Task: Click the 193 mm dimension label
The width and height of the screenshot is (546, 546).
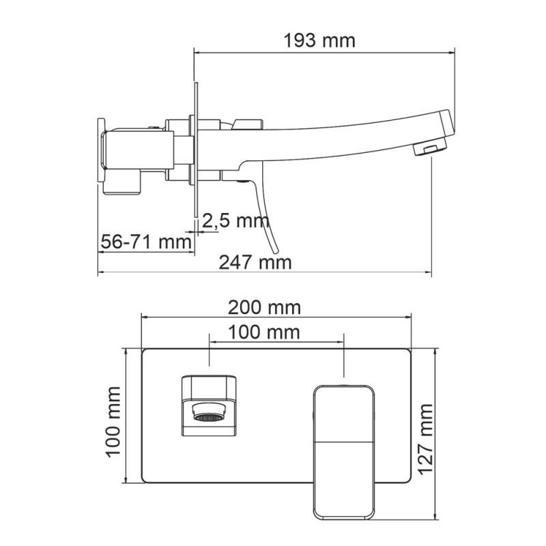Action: (x=319, y=41)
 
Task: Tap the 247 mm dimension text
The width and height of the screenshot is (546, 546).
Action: (x=255, y=262)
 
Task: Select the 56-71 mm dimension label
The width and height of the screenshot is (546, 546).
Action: (x=146, y=242)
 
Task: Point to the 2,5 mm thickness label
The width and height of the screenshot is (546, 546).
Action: (x=235, y=220)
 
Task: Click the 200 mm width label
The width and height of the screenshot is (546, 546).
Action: (x=264, y=308)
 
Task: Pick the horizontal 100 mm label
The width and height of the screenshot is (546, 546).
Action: (x=264, y=332)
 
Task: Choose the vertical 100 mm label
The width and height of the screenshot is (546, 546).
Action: (x=113, y=422)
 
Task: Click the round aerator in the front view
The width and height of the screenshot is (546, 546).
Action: (x=209, y=414)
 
